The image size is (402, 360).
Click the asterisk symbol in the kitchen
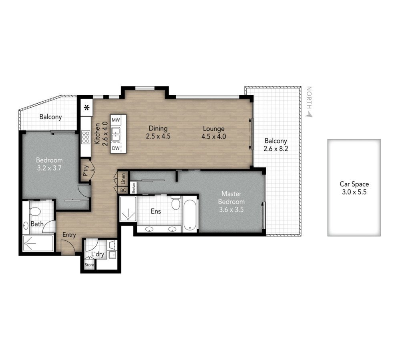point(87,108)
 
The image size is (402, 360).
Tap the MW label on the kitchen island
point(116,120)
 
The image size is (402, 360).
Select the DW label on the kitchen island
point(116,148)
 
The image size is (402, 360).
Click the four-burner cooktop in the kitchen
point(86,137)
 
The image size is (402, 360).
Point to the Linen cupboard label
point(123,179)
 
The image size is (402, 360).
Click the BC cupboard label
point(123,190)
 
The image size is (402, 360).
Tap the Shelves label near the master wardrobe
point(134,188)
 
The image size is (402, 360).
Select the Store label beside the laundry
point(89,265)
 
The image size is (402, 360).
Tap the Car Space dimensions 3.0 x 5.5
point(354,192)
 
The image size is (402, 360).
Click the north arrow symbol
point(309,114)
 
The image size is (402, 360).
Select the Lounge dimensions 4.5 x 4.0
point(213,136)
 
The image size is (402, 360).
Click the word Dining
point(158,128)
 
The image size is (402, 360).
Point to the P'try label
point(86,170)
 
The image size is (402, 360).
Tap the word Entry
point(69,235)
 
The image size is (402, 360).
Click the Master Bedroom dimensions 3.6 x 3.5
point(231,210)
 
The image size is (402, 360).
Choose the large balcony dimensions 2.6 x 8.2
point(276,149)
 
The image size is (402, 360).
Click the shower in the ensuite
point(128,209)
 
